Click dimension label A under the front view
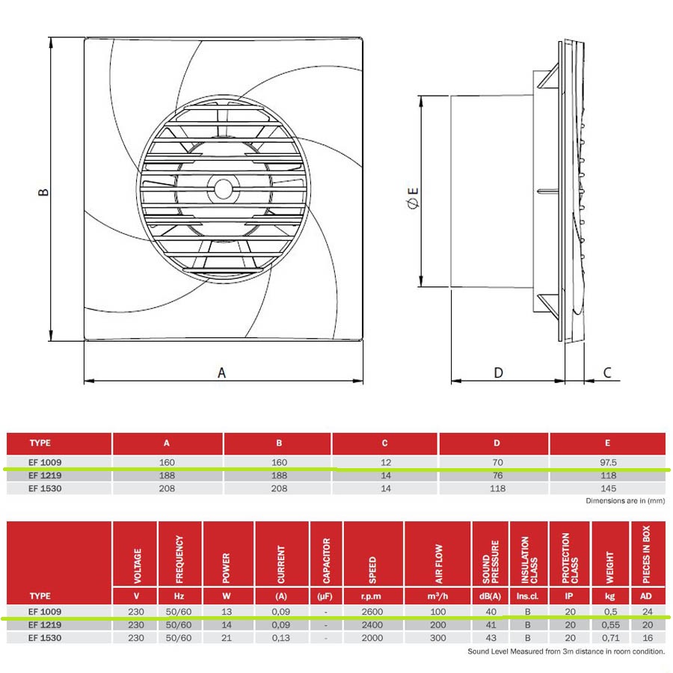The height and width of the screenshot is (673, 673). (x=221, y=372)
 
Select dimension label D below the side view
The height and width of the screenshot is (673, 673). (x=499, y=372)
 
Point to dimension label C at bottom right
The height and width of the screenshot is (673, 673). (x=607, y=372)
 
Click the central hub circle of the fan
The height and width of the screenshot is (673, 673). (x=222, y=186)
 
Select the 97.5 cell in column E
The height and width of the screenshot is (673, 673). (x=608, y=462)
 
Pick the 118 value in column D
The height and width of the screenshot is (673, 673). (x=498, y=488)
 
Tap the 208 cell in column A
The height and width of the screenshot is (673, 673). (x=167, y=488)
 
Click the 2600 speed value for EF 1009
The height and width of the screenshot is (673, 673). (x=372, y=611)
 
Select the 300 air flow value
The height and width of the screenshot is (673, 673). (x=438, y=638)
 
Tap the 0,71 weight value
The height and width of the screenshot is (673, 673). (x=611, y=638)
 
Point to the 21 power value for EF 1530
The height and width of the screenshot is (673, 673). (x=229, y=638)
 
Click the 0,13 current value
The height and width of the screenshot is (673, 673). (x=281, y=638)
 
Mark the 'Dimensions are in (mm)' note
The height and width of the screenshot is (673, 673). (x=624, y=501)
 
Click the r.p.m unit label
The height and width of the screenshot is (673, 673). (x=372, y=596)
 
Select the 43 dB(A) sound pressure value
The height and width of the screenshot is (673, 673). (x=490, y=638)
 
